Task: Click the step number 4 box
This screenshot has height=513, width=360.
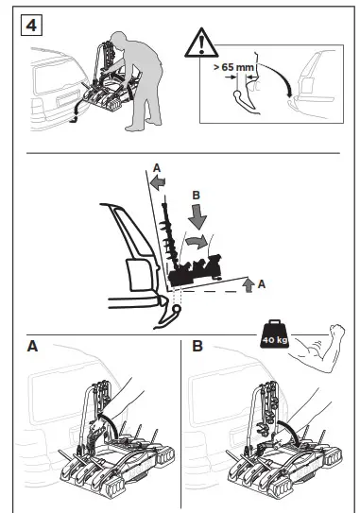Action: (x=31, y=25)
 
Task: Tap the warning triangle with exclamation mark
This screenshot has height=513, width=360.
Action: (x=201, y=43)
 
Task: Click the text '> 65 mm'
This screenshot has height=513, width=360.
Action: (x=233, y=67)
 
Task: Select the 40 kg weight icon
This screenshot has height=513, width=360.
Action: (x=274, y=333)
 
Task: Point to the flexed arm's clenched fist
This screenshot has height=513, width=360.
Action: (x=337, y=331)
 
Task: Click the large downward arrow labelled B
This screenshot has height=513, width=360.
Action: (x=197, y=216)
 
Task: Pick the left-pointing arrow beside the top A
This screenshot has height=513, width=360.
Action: (x=158, y=182)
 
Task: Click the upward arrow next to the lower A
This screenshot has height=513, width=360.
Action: (x=249, y=285)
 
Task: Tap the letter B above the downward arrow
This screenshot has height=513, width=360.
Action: (x=196, y=196)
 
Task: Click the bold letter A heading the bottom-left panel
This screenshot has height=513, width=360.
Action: (x=32, y=346)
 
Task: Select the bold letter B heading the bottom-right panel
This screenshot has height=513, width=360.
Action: (x=197, y=346)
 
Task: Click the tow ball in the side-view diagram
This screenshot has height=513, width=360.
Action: (x=177, y=309)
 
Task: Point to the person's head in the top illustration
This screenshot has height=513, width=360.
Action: (x=118, y=39)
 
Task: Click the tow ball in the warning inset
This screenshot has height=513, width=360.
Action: (x=237, y=95)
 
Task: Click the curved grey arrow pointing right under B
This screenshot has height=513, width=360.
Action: (x=197, y=242)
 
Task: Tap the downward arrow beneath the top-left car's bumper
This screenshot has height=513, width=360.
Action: (x=76, y=112)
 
